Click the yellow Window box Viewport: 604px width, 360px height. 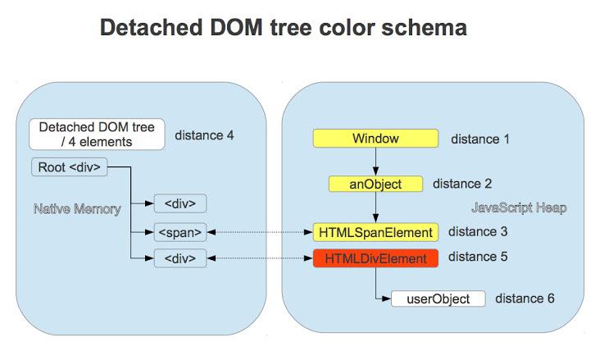(375, 139)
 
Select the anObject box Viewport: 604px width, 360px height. (376, 184)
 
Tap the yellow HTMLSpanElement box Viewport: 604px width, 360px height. (375, 232)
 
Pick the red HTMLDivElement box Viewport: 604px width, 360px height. (375, 258)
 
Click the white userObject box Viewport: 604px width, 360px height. (438, 298)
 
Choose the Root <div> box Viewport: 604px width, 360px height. (69, 168)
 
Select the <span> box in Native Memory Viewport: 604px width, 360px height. (180, 232)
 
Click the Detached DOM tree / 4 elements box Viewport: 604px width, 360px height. (97, 134)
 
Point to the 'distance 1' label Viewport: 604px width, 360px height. (480, 139)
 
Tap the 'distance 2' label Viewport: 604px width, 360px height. (461, 184)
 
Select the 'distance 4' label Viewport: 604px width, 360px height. (204, 134)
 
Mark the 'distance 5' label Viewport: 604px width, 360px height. (478, 257)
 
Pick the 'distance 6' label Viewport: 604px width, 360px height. (525, 298)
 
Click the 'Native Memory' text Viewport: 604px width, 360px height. (77, 208)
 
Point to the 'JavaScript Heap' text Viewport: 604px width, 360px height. (519, 207)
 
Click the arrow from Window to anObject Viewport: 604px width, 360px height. (375, 162)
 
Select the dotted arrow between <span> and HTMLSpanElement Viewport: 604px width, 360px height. (260, 232)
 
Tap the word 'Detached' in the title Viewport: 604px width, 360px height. (148, 29)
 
